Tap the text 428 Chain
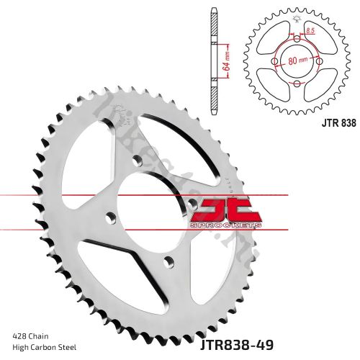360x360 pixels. (31, 336)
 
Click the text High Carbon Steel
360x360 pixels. (45, 347)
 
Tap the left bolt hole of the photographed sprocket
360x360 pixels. (109, 215)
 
